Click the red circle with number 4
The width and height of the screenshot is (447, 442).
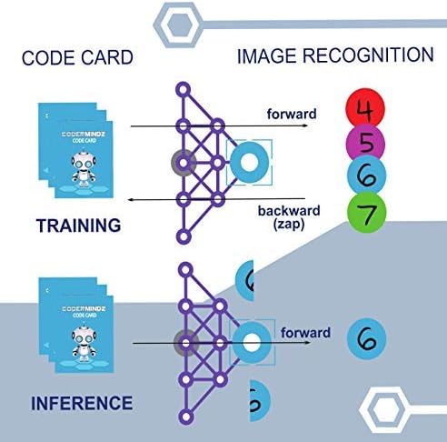[x=366, y=113]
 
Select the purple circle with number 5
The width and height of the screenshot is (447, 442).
[x=366, y=144]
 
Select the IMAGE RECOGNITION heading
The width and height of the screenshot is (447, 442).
[x=335, y=55]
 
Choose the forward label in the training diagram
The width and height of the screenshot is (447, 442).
[x=291, y=114]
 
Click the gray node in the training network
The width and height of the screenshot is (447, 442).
[x=184, y=164]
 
